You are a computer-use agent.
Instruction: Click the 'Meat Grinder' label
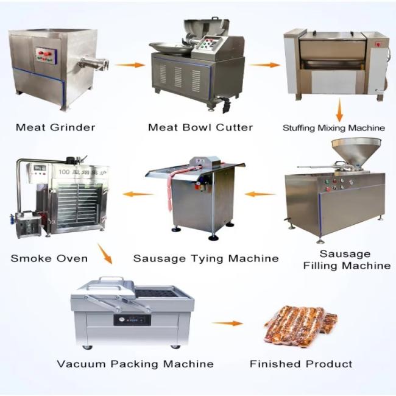pyautogui.click(x=55, y=127)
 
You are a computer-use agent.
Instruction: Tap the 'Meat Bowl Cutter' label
pyautogui.click(x=200, y=127)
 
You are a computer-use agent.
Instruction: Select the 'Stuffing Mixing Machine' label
pyautogui.click(x=334, y=128)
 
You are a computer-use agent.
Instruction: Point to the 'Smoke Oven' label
pyautogui.click(x=49, y=258)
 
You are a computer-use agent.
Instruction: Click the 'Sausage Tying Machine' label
pyautogui.click(x=206, y=258)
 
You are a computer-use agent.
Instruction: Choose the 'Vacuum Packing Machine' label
pyautogui.click(x=135, y=364)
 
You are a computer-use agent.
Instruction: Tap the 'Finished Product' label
pyautogui.click(x=301, y=364)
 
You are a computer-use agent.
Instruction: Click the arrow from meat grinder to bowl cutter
pyautogui.click(x=130, y=65)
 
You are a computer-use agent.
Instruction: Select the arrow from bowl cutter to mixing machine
pyautogui.click(x=264, y=65)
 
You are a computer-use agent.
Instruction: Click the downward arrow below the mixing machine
pyautogui.click(x=339, y=110)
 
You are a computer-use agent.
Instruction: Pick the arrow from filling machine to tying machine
pyautogui.click(x=260, y=194)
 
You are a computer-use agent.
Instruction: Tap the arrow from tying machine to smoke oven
pyautogui.click(x=138, y=194)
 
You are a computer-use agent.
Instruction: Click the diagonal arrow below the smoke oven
pyautogui.click(x=105, y=253)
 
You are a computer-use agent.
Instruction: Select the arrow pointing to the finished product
pyautogui.click(x=227, y=324)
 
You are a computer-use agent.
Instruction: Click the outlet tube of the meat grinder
pyautogui.click(x=93, y=63)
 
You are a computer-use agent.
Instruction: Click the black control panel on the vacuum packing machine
pyautogui.click(x=132, y=320)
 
